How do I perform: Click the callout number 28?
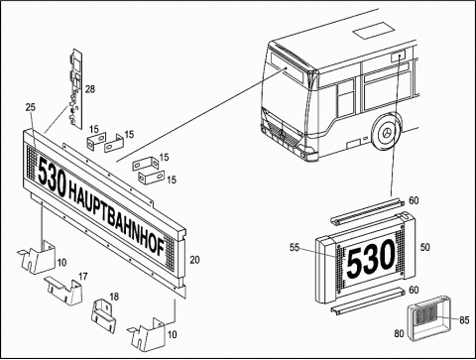tap(89, 89)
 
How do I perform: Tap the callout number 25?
tap(30, 107)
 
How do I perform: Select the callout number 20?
tap(194, 260)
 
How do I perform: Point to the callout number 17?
tap(83, 277)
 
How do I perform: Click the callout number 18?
tap(114, 297)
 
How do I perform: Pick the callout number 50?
tap(425, 247)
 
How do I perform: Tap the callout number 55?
tap(295, 247)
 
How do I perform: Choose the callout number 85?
tap(464, 320)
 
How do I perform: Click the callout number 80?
tap(399, 333)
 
